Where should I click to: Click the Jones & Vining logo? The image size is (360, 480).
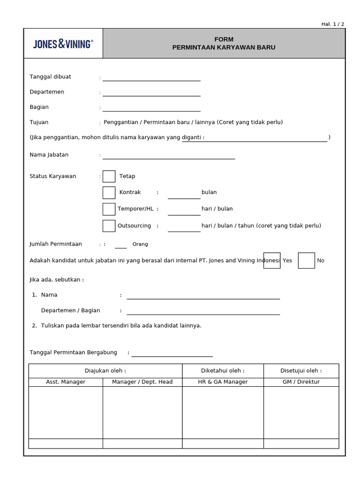63,44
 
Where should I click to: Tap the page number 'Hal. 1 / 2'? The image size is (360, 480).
332,24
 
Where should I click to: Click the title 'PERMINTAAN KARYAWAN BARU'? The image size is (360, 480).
224,47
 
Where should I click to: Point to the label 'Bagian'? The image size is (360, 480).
39,107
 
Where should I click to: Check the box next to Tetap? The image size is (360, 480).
109,176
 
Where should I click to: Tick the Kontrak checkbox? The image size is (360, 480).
109,193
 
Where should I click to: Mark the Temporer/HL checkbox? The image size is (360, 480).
109,209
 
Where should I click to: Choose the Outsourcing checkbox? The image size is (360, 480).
109,226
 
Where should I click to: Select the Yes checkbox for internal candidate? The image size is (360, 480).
272,260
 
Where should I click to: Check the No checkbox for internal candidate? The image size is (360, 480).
306,260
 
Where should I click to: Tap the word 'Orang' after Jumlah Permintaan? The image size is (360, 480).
140,244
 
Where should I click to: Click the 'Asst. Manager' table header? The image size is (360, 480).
66,382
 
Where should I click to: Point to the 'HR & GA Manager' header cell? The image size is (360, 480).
223,382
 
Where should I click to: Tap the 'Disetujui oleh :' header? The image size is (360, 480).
301,371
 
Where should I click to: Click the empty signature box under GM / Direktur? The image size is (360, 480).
301,412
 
